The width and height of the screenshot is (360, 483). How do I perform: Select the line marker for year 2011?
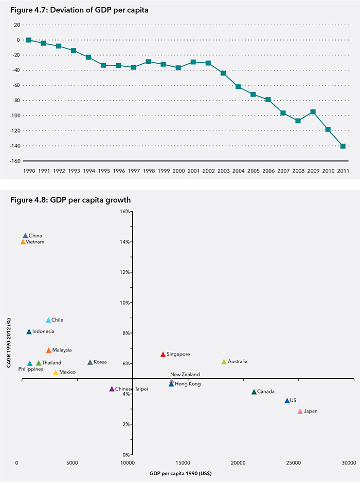[x=343, y=146]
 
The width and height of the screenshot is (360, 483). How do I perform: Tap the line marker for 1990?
[x=28, y=40]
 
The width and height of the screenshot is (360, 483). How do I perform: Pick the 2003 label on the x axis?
[x=223, y=171]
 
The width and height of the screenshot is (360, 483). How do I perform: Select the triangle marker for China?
[x=25, y=236]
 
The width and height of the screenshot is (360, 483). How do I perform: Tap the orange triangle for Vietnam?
[x=23, y=242]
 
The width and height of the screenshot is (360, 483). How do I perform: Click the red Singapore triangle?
[x=163, y=355]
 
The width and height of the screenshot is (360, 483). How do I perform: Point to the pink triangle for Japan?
[x=300, y=412]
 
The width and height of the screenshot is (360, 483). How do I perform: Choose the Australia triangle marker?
[x=224, y=362]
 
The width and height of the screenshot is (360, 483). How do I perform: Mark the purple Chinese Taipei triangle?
[x=112, y=389]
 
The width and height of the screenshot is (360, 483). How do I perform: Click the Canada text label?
[x=265, y=392]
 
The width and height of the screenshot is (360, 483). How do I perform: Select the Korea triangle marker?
[x=90, y=362]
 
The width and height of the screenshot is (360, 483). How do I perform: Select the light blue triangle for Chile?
[x=48, y=320]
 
